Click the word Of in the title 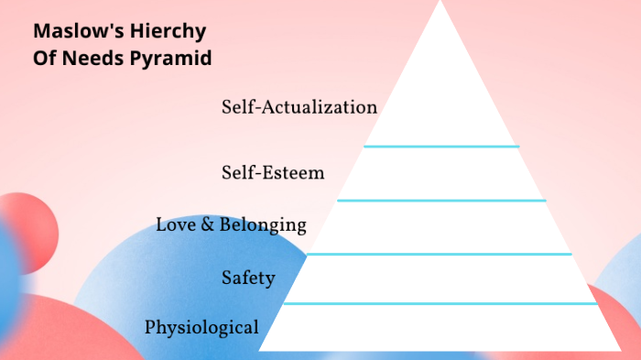(x=45, y=58)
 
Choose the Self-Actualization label (x=299, y=107)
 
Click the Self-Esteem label (x=273, y=172)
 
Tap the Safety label (x=248, y=278)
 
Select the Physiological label (x=201, y=327)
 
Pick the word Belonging (x=262, y=224)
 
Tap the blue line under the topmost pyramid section (x=440, y=146)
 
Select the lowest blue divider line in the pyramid (x=440, y=303)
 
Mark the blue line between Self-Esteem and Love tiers (x=440, y=200)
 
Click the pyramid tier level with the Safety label (x=440, y=278)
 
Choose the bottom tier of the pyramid (x=440, y=327)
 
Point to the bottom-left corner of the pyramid (x=261, y=349)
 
